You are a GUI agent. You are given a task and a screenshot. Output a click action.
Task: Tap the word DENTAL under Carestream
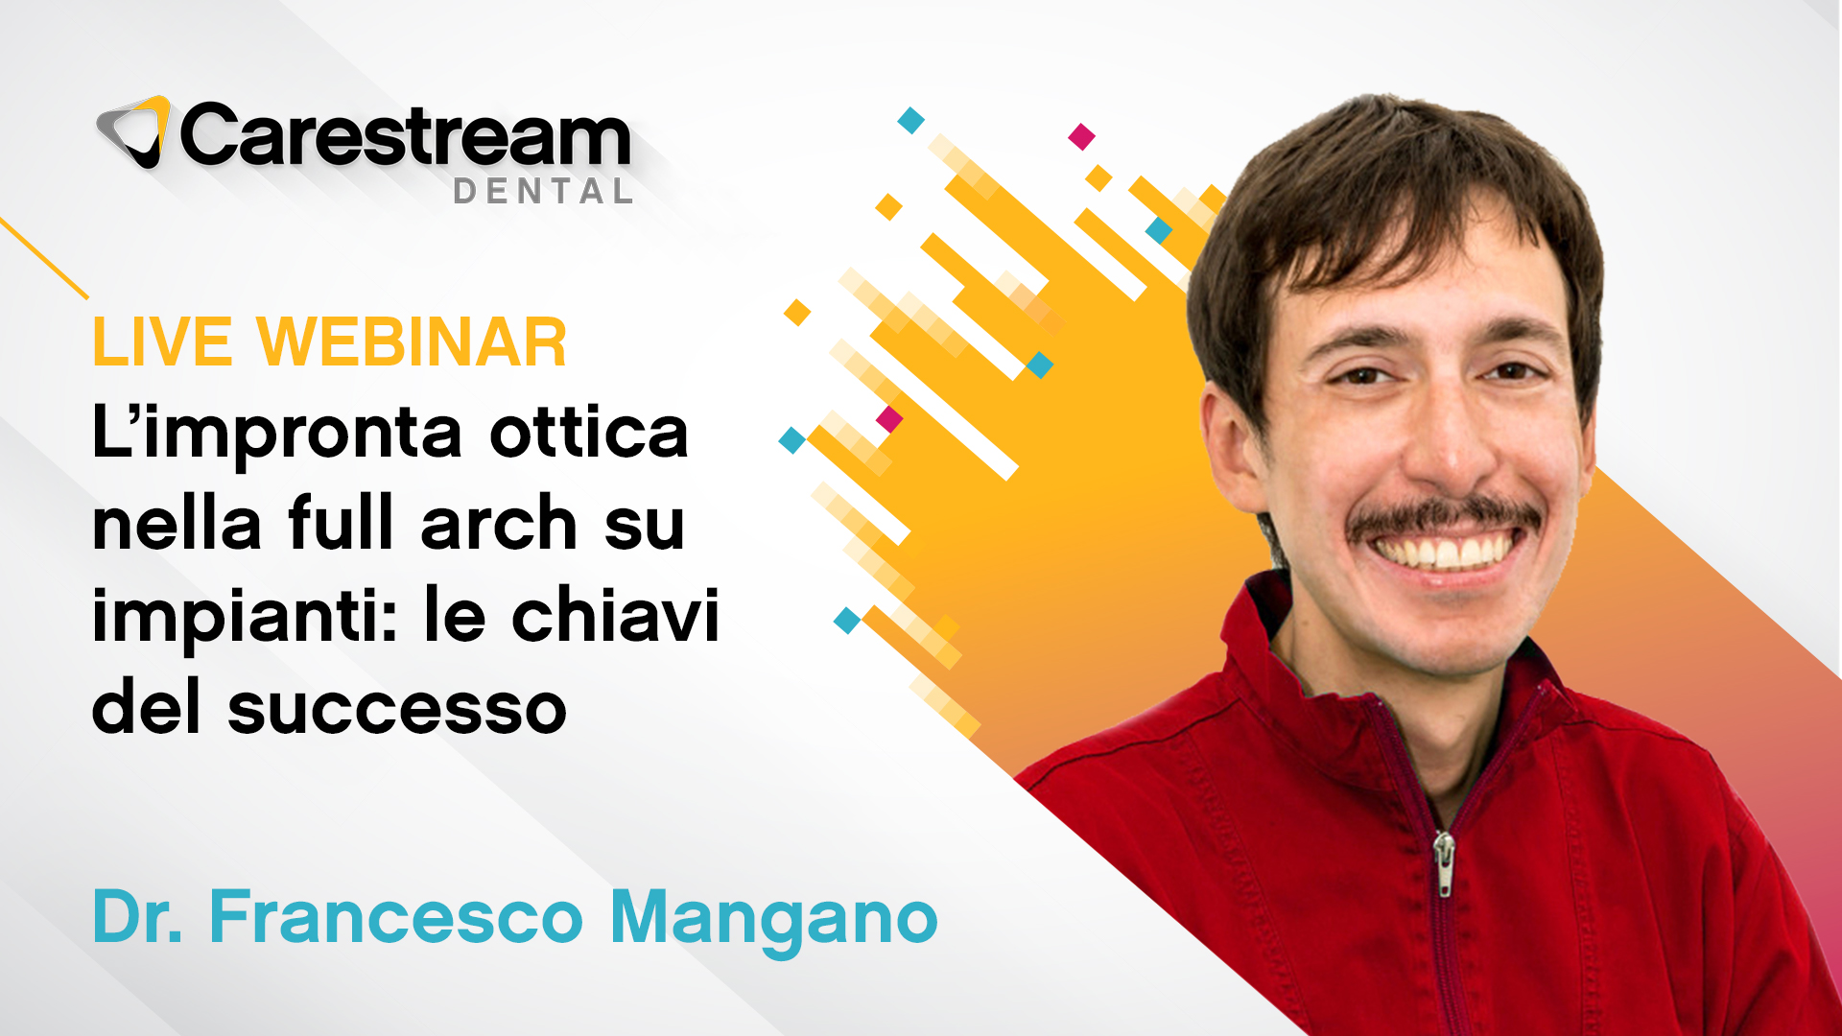pyautogui.click(x=543, y=192)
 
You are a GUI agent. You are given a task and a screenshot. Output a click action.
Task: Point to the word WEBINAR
pyautogui.click(x=412, y=342)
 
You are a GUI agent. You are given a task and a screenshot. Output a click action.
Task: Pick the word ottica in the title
pyautogui.click(x=589, y=433)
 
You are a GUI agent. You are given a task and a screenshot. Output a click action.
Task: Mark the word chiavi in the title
pyautogui.click(x=615, y=614)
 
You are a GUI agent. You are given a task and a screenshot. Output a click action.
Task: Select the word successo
pyautogui.click(x=397, y=711)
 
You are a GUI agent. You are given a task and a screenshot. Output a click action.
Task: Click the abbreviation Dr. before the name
pyautogui.click(x=137, y=917)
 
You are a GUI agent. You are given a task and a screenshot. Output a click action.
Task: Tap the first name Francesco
pyautogui.click(x=396, y=917)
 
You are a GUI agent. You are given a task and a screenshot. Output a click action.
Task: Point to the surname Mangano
pyautogui.click(x=773, y=920)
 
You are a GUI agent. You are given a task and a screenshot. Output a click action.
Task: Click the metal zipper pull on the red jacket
pyautogui.click(x=1444, y=862)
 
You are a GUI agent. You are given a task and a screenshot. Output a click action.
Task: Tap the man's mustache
pyautogui.click(x=1445, y=518)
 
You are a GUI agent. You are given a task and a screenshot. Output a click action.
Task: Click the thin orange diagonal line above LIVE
pyautogui.click(x=44, y=258)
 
